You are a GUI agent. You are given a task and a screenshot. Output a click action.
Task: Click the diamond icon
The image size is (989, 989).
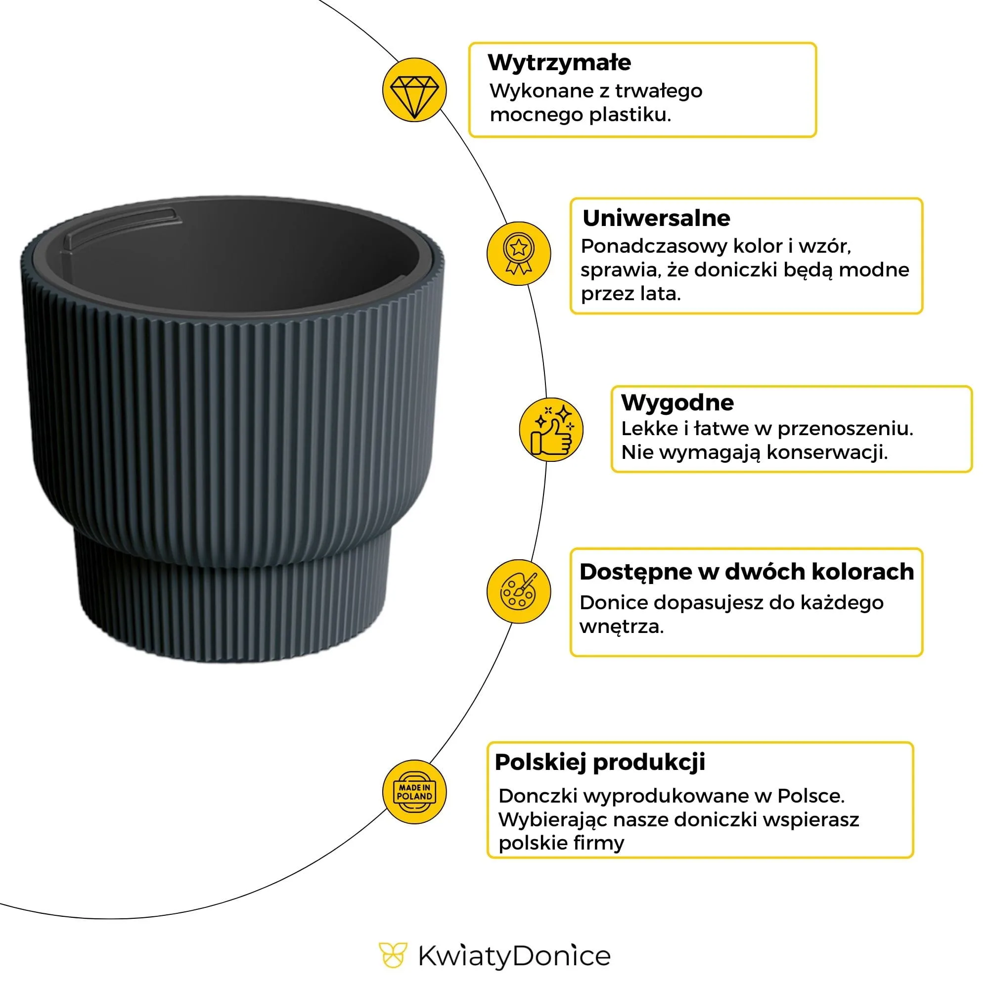(x=414, y=90)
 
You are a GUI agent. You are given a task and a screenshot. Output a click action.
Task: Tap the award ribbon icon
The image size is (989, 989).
(x=518, y=253)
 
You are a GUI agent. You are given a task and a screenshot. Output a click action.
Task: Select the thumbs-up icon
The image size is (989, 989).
(x=551, y=430)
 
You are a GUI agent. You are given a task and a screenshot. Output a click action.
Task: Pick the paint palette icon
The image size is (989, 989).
(x=518, y=591)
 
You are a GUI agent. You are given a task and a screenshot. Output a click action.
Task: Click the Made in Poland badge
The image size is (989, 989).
(x=414, y=792)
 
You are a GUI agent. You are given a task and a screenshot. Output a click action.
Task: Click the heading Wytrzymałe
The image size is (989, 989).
(x=559, y=62)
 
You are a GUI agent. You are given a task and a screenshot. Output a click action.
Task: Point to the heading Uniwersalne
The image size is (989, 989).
(x=656, y=218)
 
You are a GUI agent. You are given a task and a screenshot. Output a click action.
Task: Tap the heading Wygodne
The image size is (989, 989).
(x=677, y=403)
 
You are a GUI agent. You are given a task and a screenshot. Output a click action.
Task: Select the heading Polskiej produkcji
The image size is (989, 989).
(x=599, y=762)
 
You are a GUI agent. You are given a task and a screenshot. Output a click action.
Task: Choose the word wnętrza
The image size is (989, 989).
(x=621, y=627)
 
